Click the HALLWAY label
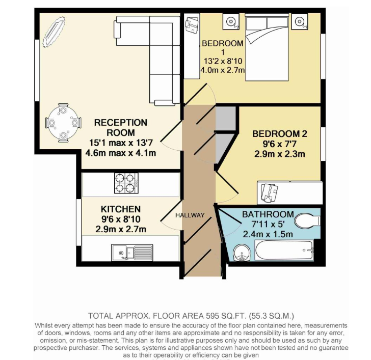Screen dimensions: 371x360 (190, 215)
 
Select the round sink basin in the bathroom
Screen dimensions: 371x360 (242, 253)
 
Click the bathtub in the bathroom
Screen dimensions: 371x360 (284, 251)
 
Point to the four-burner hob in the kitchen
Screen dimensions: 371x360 (126, 183)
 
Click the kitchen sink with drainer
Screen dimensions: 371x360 (132, 253)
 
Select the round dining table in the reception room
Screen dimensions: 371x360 (63, 123)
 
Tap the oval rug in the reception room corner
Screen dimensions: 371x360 (54, 32)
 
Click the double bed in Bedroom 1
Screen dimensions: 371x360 (267, 47)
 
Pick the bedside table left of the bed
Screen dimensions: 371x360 (231, 21)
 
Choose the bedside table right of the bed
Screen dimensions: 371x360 (300, 21)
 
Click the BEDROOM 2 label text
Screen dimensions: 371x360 (280, 134)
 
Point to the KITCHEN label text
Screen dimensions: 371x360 (121, 209)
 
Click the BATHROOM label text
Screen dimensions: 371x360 (268, 214)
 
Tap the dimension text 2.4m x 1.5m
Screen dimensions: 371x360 (268, 234)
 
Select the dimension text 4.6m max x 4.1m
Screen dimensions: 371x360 (121, 153)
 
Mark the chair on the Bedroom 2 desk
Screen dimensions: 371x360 (269, 192)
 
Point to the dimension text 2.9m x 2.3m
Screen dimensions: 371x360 (280, 154)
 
